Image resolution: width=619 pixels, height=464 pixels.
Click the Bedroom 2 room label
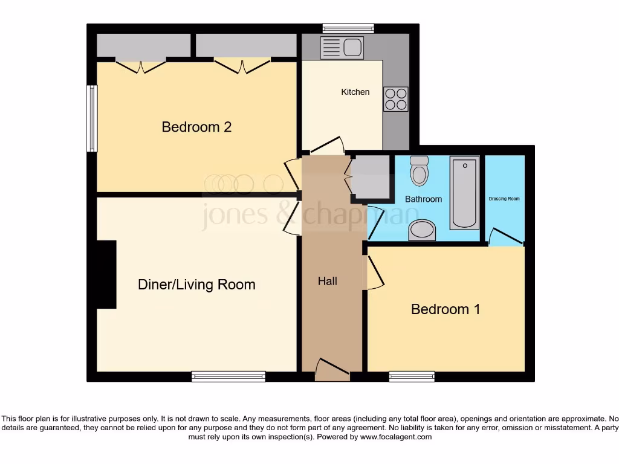point(196,127)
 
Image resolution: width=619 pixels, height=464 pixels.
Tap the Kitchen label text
point(355,92)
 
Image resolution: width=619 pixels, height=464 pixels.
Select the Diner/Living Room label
point(196,285)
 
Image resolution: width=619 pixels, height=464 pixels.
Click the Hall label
point(328,281)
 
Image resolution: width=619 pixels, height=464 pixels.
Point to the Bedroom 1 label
point(446,309)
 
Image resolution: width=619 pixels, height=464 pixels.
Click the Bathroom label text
point(423,199)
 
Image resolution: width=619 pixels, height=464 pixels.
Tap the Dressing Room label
point(504,199)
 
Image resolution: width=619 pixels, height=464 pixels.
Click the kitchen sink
point(342,48)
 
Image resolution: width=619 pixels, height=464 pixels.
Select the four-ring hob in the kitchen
point(395,99)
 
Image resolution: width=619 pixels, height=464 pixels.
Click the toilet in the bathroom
point(419,171)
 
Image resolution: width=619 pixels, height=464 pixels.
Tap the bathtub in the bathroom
point(464,192)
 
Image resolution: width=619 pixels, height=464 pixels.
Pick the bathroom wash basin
point(422,230)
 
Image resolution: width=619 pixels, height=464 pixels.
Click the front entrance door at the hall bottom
point(332,369)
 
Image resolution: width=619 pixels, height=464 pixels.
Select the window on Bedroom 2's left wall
point(92,118)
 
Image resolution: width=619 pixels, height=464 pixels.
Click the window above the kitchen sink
point(348,28)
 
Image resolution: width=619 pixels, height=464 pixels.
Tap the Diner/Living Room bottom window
point(228,376)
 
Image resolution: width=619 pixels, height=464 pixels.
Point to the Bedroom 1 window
point(412,376)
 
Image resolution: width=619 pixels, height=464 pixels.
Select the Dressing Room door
point(505,237)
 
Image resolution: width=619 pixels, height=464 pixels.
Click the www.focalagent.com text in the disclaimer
point(396,437)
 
